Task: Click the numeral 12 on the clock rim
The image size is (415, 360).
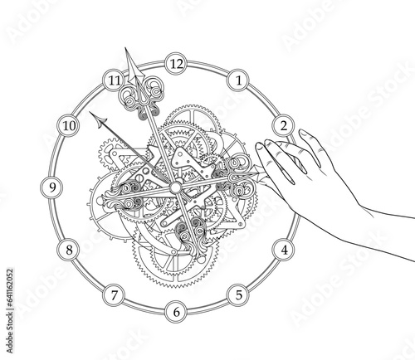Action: click(x=176, y=64)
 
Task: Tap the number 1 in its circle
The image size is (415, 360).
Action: click(x=238, y=80)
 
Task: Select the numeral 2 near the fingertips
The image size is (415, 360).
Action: click(x=284, y=126)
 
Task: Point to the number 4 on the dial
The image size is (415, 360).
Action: click(x=284, y=250)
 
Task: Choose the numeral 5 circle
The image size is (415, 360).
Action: click(x=238, y=295)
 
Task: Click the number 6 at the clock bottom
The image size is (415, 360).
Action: click(x=176, y=312)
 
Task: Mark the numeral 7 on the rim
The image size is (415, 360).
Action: click(x=114, y=295)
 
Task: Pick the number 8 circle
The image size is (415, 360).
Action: click(x=69, y=250)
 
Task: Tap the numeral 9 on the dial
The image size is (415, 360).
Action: click(x=52, y=187)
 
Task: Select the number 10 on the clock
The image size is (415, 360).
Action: click(x=69, y=126)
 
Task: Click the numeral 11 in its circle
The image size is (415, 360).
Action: click(x=114, y=80)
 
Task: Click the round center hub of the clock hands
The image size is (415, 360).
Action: click(x=175, y=187)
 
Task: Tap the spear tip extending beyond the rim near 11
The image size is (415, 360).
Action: click(x=133, y=66)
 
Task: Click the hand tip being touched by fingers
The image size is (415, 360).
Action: click(x=260, y=173)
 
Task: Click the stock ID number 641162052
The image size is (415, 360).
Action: click(x=10, y=287)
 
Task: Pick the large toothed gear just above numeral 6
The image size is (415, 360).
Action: click(x=175, y=263)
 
